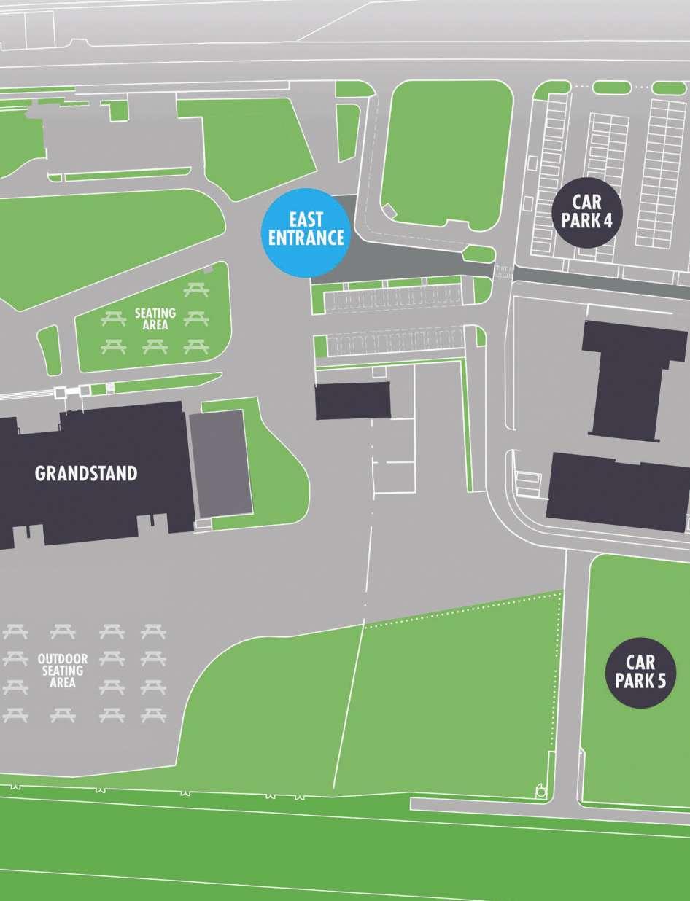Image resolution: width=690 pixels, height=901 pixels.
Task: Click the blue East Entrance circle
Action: [x=306, y=228]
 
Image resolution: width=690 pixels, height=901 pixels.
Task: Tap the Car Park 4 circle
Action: [x=587, y=211]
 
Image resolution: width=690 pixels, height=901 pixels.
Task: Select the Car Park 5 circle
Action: [x=640, y=672]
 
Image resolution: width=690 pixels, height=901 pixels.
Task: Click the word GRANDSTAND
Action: [x=86, y=473]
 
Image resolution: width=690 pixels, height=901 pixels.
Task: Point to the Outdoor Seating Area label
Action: [x=63, y=671]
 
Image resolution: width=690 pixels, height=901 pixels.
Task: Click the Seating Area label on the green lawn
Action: [x=155, y=319]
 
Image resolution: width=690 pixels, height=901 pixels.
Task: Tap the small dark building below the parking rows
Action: [x=352, y=400]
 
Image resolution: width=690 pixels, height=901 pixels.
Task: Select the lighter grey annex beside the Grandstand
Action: [x=220, y=462]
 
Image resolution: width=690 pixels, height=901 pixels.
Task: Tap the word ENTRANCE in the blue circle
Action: [x=306, y=237]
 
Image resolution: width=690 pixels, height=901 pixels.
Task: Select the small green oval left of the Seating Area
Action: [x=50, y=349]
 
